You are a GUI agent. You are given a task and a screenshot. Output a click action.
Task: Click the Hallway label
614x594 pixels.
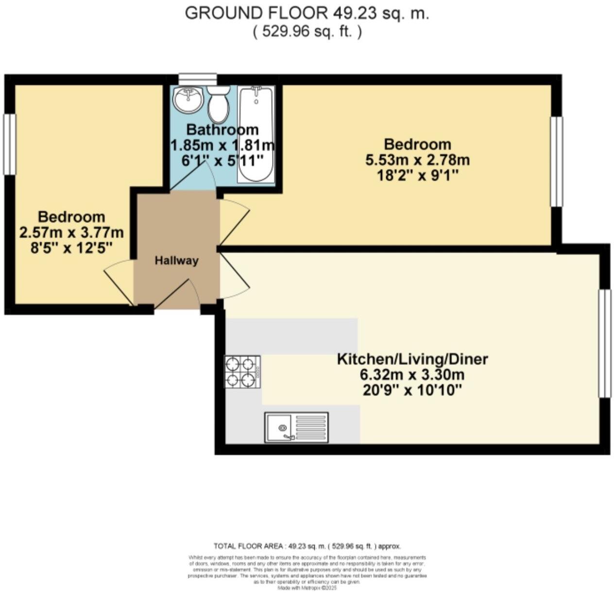(x=176, y=261)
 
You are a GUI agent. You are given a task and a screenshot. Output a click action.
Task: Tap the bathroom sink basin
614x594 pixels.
(x=188, y=99)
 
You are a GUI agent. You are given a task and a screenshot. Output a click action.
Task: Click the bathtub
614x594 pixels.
(x=256, y=134)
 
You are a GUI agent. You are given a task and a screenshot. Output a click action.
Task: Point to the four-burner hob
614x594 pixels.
(x=242, y=372)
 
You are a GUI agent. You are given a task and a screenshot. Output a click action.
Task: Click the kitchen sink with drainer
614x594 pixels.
(x=296, y=428)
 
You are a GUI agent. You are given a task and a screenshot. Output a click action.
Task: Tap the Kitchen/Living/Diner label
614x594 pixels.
(x=412, y=359)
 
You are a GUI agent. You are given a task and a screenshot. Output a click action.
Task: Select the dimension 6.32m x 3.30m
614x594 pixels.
(x=412, y=375)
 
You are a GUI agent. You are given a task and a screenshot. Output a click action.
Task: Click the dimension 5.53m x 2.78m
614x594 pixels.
(x=417, y=159)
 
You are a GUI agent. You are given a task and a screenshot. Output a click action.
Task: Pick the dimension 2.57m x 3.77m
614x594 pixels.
(x=71, y=232)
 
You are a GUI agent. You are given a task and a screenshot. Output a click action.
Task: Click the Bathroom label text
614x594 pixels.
(x=222, y=130)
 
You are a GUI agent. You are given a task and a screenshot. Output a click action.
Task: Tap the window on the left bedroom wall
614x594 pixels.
(x=9, y=144)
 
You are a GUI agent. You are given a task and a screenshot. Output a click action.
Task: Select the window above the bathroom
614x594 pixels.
(x=197, y=79)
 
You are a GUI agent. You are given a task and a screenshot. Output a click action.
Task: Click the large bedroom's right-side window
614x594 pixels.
(x=556, y=161)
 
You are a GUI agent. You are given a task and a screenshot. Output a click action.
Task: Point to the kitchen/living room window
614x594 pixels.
(x=604, y=344)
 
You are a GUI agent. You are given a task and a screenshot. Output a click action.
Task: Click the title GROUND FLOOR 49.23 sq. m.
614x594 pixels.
(x=307, y=13)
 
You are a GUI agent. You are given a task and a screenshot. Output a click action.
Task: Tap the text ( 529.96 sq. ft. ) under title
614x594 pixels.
(x=307, y=32)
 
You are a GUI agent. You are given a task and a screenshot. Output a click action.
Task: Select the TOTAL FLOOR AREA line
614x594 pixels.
(x=307, y=546)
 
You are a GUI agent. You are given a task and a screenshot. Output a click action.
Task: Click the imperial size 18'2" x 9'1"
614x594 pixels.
(x=417, y=175)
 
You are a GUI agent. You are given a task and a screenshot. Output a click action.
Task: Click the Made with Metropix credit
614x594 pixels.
(x=307, y=587)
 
